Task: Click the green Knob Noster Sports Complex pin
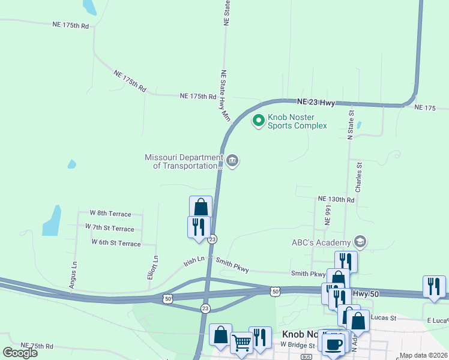pos(259,121)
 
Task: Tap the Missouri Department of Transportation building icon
pos(233,161)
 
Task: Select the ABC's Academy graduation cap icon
pos(360,242)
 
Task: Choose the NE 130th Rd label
pos(336,199)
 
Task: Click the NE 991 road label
pos(328,217)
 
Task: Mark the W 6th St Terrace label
pos(116,243)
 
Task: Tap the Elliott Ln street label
pos(155,267)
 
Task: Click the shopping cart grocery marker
pos(241,343)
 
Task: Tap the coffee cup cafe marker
pos(334,344)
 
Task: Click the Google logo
pos(20,353)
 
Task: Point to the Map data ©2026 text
pos(423,356)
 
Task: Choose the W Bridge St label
pos(298,346)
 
